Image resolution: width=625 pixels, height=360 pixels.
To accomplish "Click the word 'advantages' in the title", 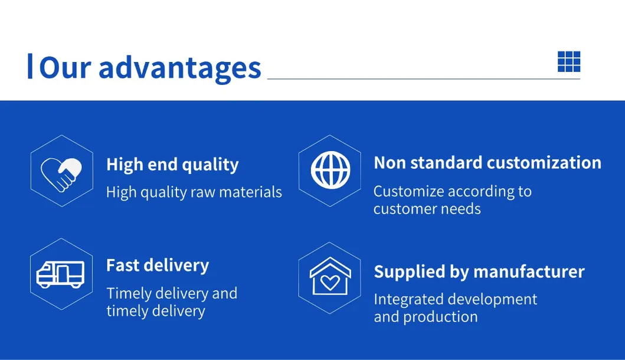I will [x=179, y=67].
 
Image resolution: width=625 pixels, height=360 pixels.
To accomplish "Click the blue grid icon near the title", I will [x=569, y=61].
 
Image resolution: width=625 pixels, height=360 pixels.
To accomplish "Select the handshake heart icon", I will [x=61, y=171].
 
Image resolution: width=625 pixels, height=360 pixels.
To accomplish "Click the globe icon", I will [x=330, y=171].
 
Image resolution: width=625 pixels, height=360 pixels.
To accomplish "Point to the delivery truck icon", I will [x=61, y=274].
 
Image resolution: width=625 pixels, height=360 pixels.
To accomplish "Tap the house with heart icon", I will [x=330, y=276].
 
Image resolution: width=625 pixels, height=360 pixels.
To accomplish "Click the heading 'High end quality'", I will [x=172, y=165].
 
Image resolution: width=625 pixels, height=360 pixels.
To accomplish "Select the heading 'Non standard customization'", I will [x=487, y=162].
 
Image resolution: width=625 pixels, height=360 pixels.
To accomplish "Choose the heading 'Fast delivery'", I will [x=158, y=266].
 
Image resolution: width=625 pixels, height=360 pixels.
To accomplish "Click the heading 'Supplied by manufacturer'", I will [x=479, y=271].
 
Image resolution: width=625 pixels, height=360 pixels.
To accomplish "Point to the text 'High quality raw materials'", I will [x=194, y=192].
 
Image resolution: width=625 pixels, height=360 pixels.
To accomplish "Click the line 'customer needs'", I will [x=427, y=209].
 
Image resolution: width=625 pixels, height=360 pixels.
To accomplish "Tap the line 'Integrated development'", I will [x=456, y=299].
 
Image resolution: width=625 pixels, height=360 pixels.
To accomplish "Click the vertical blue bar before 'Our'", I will [x=30, y=66].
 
